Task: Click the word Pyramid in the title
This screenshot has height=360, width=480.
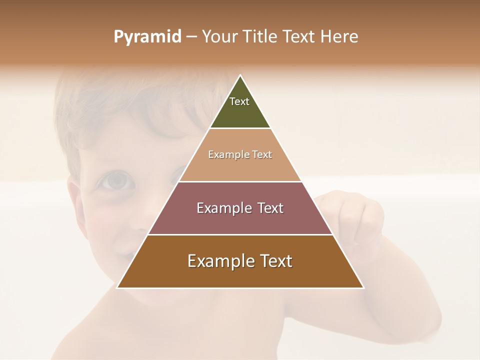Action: (x=147, y=37)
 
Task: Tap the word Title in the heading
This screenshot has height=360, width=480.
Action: (x=261, y=36)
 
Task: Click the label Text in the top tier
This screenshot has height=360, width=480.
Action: (x=239, y=101)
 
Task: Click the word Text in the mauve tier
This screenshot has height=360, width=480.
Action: (x=270, y=208)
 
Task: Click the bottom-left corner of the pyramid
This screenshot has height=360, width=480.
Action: (x=117, y=287)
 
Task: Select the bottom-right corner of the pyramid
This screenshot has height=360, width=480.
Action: (x=363, y=287)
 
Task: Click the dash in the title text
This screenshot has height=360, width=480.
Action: (x=191, y=36)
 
